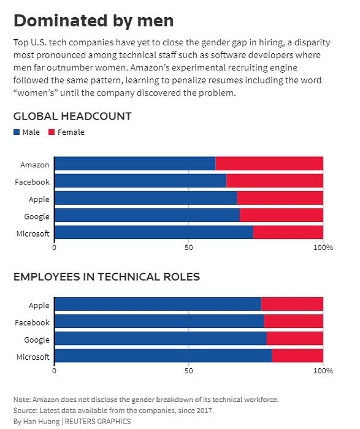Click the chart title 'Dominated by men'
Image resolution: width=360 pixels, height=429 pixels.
94,21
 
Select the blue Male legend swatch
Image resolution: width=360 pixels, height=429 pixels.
17,132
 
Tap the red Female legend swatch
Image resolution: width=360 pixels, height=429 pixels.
52,132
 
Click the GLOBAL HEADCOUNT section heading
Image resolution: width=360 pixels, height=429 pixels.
72,116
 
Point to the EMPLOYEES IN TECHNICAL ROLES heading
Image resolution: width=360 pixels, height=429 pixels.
107,277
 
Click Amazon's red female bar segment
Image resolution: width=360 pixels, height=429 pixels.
269,164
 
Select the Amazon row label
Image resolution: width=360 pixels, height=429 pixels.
35,165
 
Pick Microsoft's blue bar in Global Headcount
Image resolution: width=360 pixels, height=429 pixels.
154,232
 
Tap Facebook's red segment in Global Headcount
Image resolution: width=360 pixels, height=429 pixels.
275,181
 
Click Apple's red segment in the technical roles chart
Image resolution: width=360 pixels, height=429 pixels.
293,304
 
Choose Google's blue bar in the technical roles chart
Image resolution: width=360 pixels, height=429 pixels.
161,338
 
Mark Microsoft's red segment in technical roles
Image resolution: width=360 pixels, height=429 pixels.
297,355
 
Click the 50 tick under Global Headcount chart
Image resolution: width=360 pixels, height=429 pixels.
189,248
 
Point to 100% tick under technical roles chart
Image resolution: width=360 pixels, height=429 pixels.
323,371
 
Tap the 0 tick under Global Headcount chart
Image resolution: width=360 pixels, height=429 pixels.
54,248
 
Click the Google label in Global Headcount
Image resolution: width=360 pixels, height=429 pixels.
37,217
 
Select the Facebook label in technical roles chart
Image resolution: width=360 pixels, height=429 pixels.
32,322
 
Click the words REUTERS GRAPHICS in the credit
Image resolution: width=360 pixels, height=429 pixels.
98,422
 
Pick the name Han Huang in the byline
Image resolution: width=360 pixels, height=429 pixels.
41,422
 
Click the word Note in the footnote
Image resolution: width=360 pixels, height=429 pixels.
21,400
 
